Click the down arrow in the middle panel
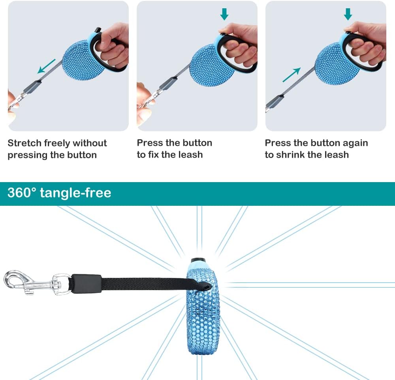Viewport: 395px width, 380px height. click(224, 14)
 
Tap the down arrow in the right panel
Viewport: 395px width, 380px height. click(348, 14)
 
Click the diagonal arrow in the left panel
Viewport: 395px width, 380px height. click(46, 66)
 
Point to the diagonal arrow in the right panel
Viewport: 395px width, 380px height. click(292, 75)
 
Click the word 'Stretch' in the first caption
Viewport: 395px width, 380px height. click(24, 143)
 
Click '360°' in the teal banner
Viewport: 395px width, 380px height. click(22, 193)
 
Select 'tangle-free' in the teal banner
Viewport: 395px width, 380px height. click(75, 193)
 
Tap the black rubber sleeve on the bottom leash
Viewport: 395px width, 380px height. click(87, 284)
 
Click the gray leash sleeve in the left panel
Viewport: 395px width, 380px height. click(32, 86)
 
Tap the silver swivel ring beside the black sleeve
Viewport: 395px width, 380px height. click(62, 284)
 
